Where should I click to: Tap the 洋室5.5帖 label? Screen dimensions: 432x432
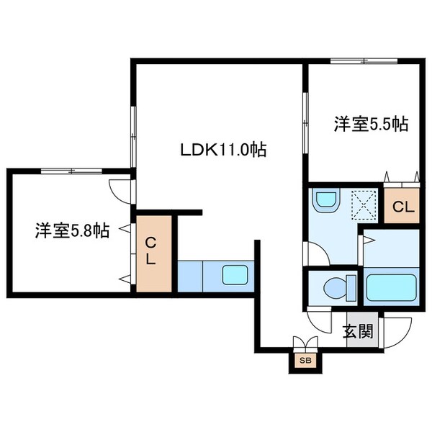371,124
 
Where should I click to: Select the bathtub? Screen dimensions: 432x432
392,287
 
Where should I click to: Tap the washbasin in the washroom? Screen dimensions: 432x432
326,199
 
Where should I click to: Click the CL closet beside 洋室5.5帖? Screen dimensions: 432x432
402,208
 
